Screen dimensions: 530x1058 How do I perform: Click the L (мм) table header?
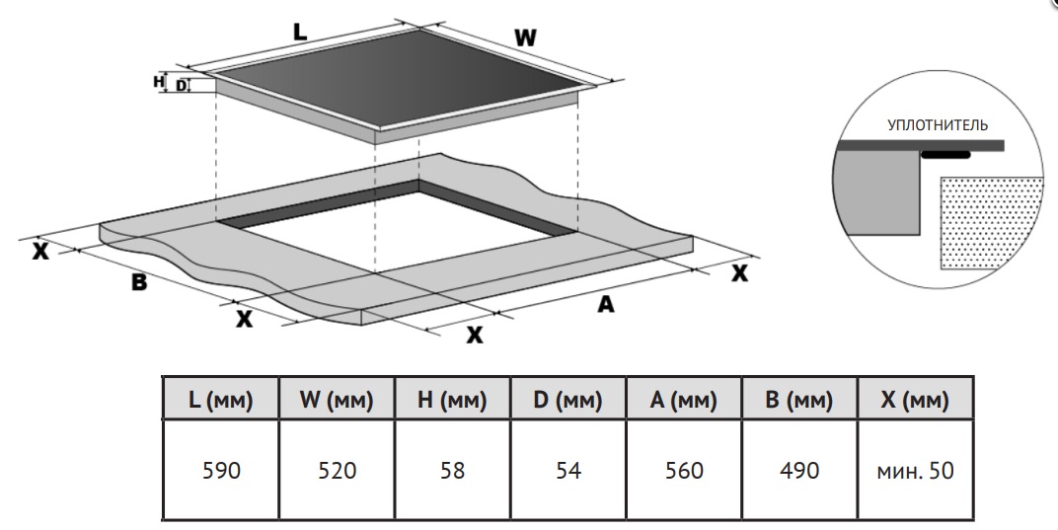pyautogui.click(x=221, y=401)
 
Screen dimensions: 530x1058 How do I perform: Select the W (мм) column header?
pyautogui.click(x=337, y=401)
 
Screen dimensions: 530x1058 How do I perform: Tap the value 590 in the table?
pyautogui.click(x=221, y=471)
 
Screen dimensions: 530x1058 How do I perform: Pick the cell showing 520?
pyautogui.click(x=337, y=471)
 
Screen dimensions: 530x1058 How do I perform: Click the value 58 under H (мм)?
pyautogui.click(x=453, y=471)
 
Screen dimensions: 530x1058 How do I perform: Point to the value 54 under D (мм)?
pyautogui.click(x=568, y=471)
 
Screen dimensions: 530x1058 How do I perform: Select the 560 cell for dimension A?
pyautogui.click(x=684, y=471)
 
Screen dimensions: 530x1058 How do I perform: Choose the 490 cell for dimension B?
pyautogui.click(x=799, y=471)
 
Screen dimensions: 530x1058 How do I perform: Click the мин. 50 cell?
pyautogui.click(x=915, y=471)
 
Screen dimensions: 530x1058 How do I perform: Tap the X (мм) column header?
pyautogui.click(x=915, y=401)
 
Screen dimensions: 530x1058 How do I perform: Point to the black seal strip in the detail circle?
pyautogui.click(x=945, y=155)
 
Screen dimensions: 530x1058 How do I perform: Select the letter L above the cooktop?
pyautogui.click(x=300, y=31)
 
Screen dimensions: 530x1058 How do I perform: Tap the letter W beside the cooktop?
pyautogui.click(x=526, y=38)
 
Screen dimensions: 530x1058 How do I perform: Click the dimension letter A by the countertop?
pyautogui.click(x=606, y=305)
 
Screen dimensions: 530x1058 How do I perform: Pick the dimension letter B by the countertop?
pyautogui.click(x=139, y=281)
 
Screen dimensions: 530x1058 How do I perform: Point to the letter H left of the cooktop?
pyautogui.click(x=158, y=82)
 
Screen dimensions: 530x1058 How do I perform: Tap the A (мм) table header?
pyautogui.click(x=684, y=401)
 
